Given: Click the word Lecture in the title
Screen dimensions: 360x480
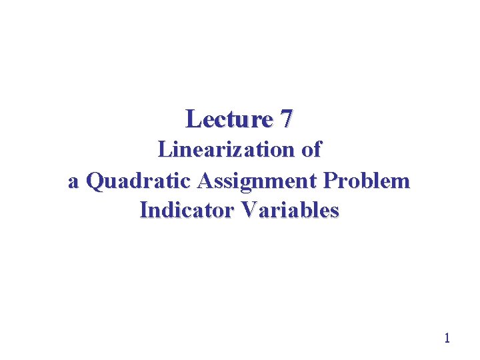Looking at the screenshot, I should click(229, 119).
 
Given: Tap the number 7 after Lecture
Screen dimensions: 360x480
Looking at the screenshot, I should click(286, 119).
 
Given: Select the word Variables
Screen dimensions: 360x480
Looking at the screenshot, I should click(291, 211).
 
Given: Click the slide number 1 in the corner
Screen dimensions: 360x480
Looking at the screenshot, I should click(447, 338).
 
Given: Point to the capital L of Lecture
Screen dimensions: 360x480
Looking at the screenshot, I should click(193, 119).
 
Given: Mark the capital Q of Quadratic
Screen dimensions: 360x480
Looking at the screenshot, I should click(95, 181).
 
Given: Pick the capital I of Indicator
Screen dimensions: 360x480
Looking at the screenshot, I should click(143, 211).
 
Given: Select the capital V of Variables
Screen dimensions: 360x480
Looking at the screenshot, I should click(251, 211).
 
